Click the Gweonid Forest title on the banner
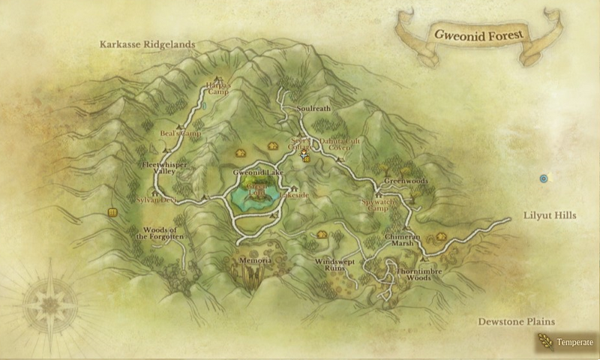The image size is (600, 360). pos(477,34)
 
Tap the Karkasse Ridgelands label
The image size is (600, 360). pos(147,45)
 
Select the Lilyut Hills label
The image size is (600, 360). pos(549,215)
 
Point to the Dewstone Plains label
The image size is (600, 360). pos(517,322)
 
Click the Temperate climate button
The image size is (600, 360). pos(568,342)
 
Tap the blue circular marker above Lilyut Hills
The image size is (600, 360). pos(544,178)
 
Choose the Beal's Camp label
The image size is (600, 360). pos(181,133)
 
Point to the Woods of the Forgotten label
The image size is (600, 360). pos(159,232)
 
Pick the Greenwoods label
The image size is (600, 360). pos(405,181)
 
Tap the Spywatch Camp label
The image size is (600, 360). pos(379,205)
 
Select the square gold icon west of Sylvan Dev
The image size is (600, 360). pos(112,213)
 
